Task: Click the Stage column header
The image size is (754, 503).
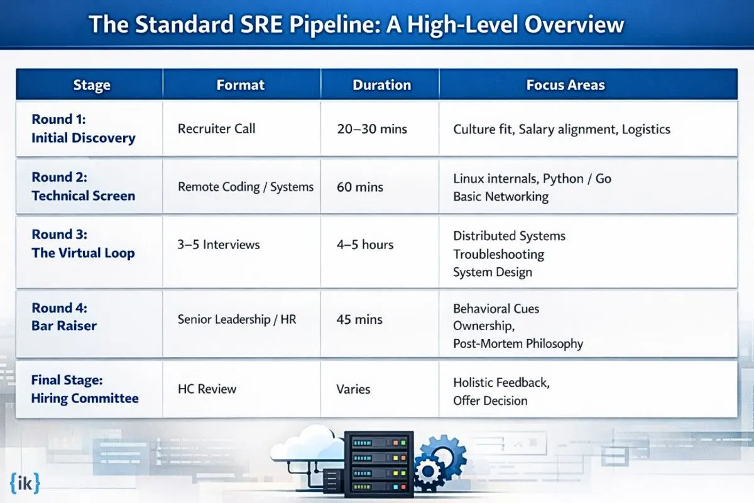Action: coord(92,85)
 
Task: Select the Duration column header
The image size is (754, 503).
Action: coord(382,85)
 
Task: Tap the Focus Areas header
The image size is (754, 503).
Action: coord(565,85)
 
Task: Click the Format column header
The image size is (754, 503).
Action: coord(240,85)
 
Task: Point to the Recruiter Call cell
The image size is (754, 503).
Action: coord(216,129)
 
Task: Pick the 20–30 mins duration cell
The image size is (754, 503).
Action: coord(372,129)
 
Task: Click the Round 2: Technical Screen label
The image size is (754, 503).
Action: coord(83,186)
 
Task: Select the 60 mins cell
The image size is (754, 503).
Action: coord(360,187)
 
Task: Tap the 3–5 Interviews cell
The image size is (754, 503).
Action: coord(219,245)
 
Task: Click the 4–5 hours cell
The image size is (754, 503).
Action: coord(365,245)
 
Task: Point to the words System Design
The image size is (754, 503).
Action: coord(493,272)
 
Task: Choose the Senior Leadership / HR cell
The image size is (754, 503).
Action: coord(237,319)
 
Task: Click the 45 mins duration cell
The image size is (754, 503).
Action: coord(359,319)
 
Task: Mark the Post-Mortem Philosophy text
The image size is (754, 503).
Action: coord(518,344)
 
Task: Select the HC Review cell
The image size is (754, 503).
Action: coord(207,389)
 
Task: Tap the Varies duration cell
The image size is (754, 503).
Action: coord(353,389)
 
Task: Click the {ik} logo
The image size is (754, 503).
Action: coord(25,484)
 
